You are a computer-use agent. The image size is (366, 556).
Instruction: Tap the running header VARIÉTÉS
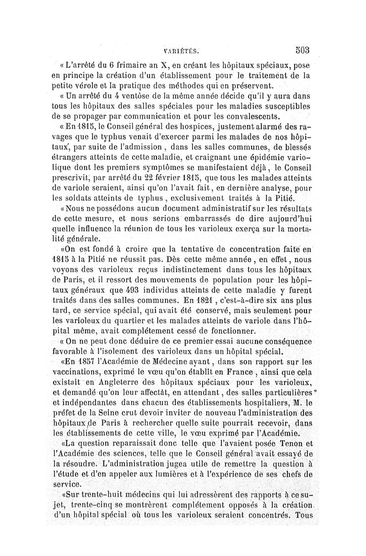pos(183,51)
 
